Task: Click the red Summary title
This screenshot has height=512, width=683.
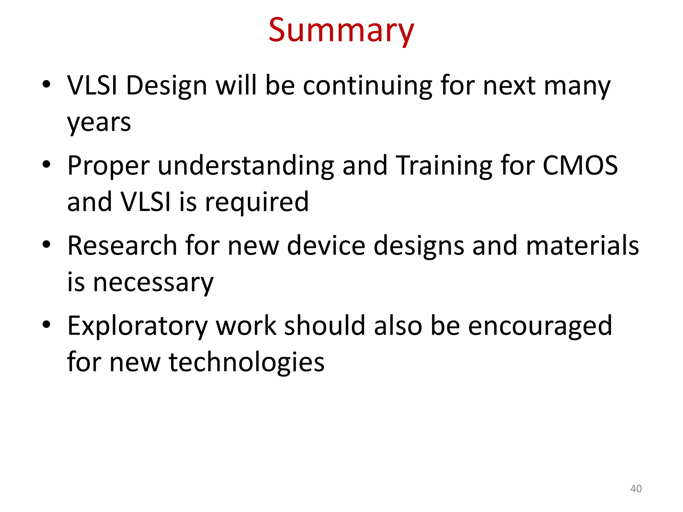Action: point(341,31)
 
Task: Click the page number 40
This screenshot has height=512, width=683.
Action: point(636,489)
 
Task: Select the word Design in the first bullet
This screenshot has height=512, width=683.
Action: point(166,86)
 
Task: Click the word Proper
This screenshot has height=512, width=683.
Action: point(108,166)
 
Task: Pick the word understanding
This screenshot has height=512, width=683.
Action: point(246,166)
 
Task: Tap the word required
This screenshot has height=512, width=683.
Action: point(257,203)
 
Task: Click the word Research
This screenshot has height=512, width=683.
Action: point(122,246)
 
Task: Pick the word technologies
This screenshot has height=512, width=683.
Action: point(247,363)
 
